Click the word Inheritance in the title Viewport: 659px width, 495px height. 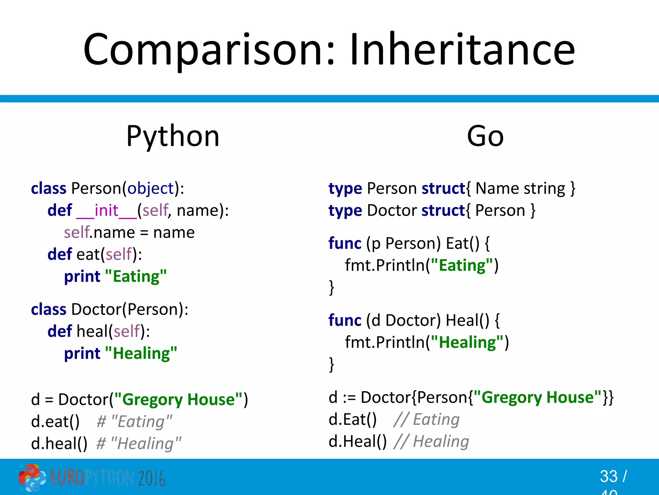(x=462, y=50)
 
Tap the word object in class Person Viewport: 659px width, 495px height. (x=150, y=188)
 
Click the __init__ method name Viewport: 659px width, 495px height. (x=107, y=210)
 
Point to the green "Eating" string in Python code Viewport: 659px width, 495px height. (x=136, y=277)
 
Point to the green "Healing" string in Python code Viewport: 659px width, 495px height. (x=141, y=353)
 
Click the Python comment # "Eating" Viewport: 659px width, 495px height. (x=135, y=422)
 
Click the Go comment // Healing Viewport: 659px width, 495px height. (x=431, y=441)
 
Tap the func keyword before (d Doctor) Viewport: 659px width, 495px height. (x=345, y=320)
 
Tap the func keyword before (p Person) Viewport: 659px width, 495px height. (x=345, y=243)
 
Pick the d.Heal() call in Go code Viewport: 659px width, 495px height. (x=357, y=441)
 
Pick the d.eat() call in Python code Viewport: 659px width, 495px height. (x=55, y=422)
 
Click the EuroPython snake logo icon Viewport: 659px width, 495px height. (x=32, y=477)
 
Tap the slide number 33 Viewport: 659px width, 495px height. (x=608, y=476)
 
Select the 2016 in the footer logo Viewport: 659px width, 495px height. (x=151, y=478)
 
